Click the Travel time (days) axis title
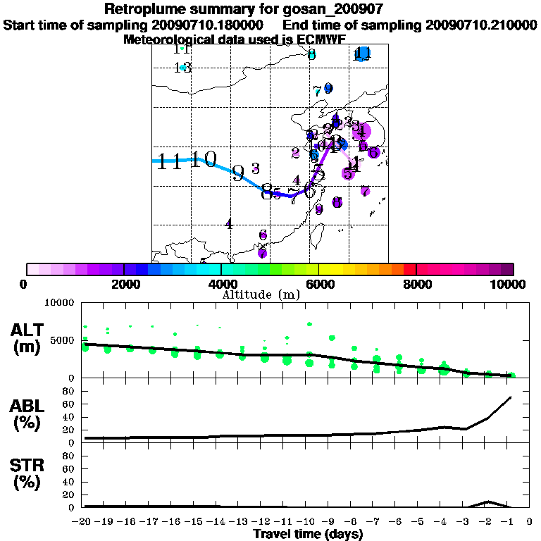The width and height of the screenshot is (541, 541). click(308, 535)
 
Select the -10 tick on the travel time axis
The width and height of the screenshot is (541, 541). click(307, 523)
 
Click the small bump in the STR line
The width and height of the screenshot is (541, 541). click(487, 502)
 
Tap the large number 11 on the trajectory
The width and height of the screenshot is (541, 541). click(170, 161)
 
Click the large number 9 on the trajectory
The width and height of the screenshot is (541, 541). click(239, 173)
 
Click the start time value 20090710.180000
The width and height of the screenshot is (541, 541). click(214, 25)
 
